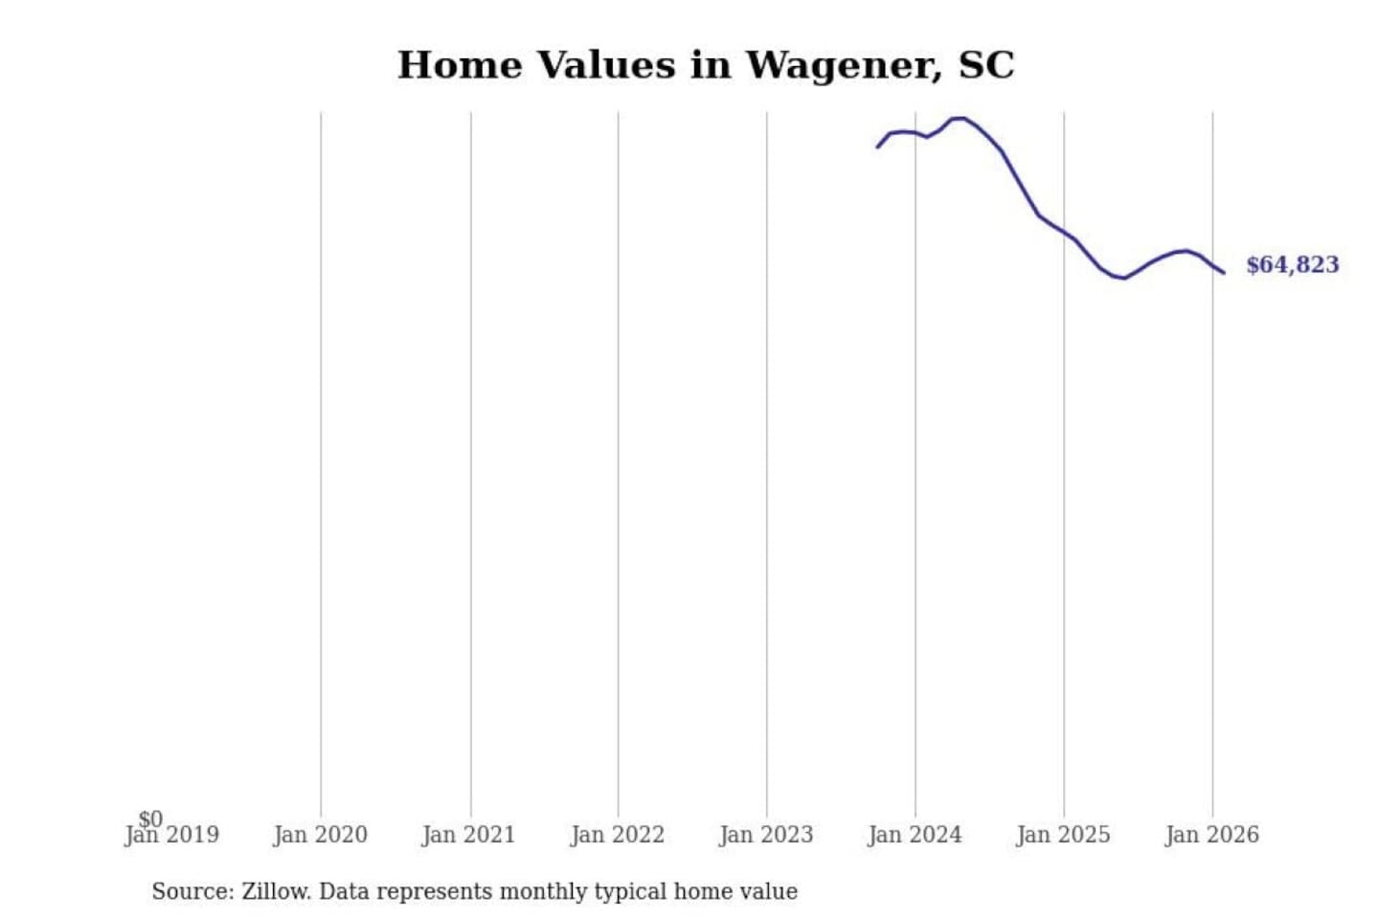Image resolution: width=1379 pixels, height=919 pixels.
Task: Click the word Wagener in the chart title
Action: coord(843,65)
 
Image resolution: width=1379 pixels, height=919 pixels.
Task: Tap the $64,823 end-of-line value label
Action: coord(1292,265)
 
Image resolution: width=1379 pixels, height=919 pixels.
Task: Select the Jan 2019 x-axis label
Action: coord(172,836)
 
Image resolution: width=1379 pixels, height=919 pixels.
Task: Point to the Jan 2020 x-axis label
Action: coord(320,836)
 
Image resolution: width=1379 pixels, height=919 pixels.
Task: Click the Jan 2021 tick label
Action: coord(468,836)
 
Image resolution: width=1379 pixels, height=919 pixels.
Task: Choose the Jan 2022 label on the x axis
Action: coord(617,836)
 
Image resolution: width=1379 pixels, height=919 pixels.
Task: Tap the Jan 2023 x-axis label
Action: coord(765,836)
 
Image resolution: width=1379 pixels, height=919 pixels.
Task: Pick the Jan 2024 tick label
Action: coord(915,836)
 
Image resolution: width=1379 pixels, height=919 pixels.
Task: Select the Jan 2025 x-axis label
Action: coord(1063,836)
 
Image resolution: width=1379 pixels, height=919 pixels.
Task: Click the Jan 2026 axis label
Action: coord(1211,836)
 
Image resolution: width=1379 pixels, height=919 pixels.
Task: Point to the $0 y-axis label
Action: coord(150,818)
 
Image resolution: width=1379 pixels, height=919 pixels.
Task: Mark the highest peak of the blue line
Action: coord(959,118)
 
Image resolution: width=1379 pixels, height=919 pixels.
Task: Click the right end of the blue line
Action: coord(1223,273)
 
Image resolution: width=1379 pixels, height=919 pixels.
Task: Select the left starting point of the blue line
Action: coord(877,146)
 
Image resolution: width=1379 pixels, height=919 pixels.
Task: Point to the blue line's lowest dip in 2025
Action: coord(1123,278)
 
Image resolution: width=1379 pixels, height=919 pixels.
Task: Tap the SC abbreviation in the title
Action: coord(985,65)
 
